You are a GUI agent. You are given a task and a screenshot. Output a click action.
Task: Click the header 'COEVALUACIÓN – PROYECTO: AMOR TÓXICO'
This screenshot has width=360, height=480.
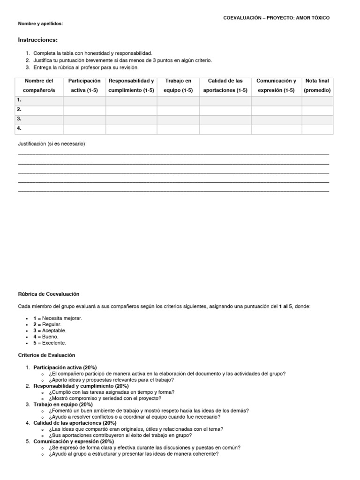pyautogui.click(x=276, y=18)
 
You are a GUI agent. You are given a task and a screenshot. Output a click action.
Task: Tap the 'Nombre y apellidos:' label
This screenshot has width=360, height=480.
pyautogui.click(x=40, y=23)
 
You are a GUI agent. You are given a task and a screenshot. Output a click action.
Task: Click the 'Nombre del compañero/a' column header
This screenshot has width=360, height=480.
pyautogui.click(x=39, y=85)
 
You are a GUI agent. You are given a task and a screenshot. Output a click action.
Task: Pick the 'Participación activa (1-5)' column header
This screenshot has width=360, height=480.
pyautogui.click(x=84, y=85)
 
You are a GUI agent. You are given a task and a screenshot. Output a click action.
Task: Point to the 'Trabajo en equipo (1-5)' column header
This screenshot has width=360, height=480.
pyautogui.click(x=178, y=85)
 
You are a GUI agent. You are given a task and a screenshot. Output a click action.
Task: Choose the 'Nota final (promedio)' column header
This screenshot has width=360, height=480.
pyautogui.click(x=317, y=85)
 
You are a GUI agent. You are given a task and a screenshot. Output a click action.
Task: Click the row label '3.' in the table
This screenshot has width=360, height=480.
pyautogui.click(x=20, y=119)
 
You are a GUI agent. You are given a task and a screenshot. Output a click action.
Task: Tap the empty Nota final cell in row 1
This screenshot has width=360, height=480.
pyautogui.click(x=317, y=100)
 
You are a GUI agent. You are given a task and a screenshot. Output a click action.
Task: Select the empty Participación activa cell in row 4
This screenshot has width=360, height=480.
pyautogui.click(x=84, y=128)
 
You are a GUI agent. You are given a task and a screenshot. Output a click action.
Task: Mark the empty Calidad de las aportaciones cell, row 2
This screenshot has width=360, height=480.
pyautogui.click(x=225, y=110)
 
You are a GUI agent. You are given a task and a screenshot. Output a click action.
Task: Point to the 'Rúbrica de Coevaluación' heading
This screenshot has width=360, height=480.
pyautogui.click(x=49, y=294)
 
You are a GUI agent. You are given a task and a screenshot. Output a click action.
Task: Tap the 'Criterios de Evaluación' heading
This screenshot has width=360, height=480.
pyautogui.click(x=46, y=355)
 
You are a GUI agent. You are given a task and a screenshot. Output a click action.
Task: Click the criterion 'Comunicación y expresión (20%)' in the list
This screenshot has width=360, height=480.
pyautogui.click(x=74, y=442)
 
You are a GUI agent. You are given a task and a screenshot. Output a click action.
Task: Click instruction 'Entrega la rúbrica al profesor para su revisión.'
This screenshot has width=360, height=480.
pyautogui.click(x=86, y=67)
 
